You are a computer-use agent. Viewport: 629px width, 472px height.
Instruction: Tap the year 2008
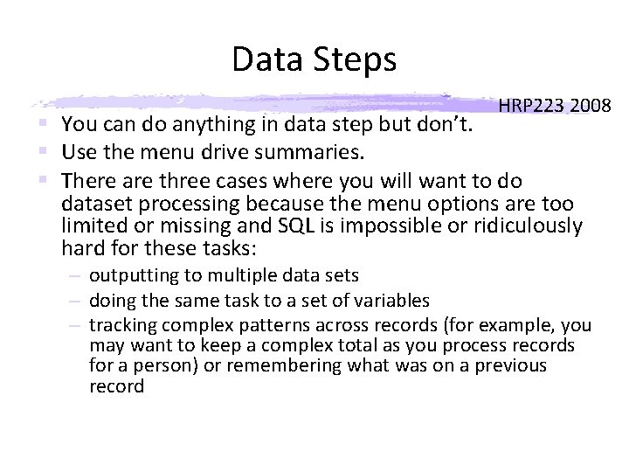point(591,107)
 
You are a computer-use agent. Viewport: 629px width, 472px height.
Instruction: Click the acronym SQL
point(296,226)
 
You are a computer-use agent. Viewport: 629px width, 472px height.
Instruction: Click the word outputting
point(134,276)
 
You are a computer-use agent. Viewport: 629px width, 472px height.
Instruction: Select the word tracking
point(121,326)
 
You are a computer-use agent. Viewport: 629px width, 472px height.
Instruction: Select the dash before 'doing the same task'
point(76,301)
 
